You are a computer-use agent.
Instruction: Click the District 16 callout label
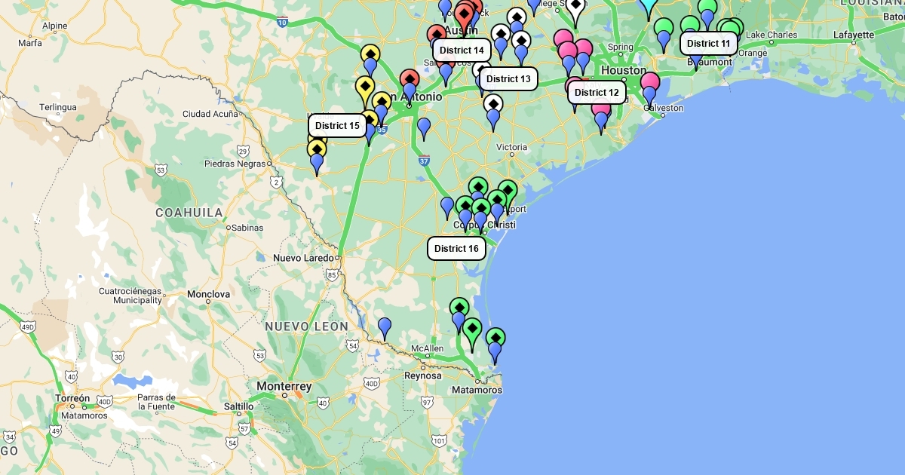[x=456, y=248]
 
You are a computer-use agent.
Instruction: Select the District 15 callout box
[x=337, y=125]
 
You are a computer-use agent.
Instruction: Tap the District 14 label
[x=462, y=50]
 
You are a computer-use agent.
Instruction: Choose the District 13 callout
[x=508, y=78]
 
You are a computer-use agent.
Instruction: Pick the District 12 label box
[x=597, y=92]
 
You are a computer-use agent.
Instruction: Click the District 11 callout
[x=709, y=43]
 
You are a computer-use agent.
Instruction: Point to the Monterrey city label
[x=284, y=386]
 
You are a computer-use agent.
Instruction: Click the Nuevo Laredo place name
[x=303, y=258]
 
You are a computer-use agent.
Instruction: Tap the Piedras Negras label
[x=235, y=163]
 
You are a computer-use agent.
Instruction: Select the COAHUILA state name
[x=189, y=213]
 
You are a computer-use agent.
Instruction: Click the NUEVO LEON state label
[x=306, y=326]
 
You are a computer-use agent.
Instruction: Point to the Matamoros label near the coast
[x=477, y=390]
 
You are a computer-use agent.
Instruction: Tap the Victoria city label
[x=511, y=146]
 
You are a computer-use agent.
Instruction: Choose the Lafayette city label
[x=854, y=35]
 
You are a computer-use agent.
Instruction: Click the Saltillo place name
[x=239, y=406]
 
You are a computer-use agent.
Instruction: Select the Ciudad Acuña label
[x=210, y=114]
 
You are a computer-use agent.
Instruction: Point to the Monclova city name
[x=209, y=293]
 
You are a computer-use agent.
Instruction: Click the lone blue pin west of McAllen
[x=385, y=327]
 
